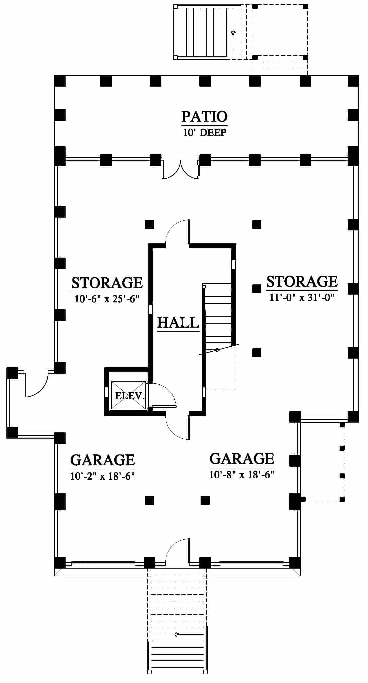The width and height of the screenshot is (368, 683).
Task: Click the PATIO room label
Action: click(204, 116)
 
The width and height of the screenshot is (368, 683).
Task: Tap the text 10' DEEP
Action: click(204, 132)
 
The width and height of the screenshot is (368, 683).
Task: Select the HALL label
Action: click(178, 323)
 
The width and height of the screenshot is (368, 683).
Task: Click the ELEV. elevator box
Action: click(128, 395)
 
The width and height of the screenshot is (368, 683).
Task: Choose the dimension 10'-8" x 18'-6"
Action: click(241, 474)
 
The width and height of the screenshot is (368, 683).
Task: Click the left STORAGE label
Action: click(107, 283)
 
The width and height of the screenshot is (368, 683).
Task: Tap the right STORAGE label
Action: click(302, 281)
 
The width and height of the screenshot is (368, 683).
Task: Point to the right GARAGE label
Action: click(242, 459)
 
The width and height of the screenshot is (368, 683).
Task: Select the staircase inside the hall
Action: click(218, 317)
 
